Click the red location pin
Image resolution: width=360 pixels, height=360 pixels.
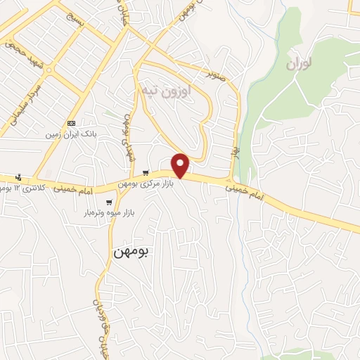[x=181, y=165]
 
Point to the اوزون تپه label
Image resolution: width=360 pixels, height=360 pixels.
[x=167, y=90]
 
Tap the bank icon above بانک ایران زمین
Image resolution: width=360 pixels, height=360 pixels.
[x=72, y=123]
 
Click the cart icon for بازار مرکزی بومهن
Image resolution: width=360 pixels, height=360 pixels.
[x=146, y=172]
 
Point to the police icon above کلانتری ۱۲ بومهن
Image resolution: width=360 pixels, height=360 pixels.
[x=19, y=176]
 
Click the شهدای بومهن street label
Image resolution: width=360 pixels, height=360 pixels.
[x=129, y=137]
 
